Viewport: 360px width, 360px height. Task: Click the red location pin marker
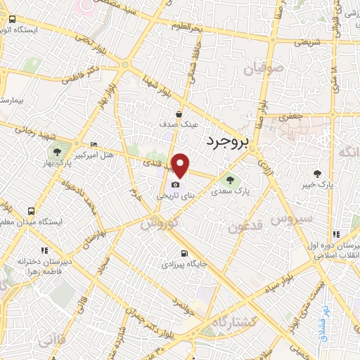(181, 165)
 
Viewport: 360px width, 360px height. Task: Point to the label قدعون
(245, 226)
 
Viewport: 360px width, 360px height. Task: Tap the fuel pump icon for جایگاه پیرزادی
(184, 254)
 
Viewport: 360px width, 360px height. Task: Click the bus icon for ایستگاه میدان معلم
(31, 211)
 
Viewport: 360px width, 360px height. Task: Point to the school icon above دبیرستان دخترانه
(44, 250)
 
